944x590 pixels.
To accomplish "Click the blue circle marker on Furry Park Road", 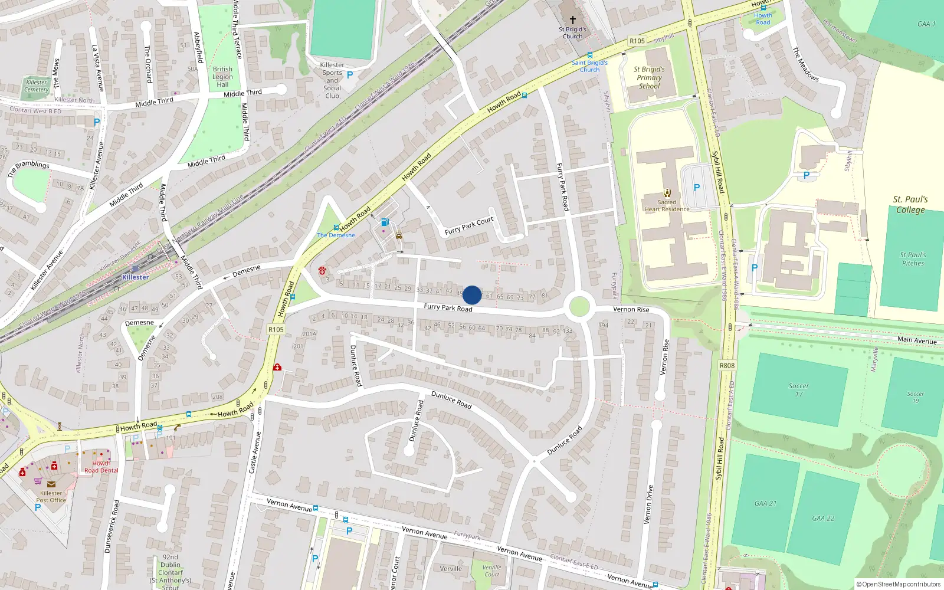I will click(x=472, y=295).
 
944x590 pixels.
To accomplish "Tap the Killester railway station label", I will click(x=135, y=277).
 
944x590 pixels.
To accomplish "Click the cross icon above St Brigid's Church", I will click(x=572, y=19).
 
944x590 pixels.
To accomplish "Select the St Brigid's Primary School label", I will click(x=649, y=77).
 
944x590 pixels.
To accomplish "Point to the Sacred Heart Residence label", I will click(x=667, y=205).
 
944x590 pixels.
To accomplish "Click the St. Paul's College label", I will click(x=910, y=204).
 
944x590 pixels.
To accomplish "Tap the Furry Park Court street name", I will click(x=469, y=226).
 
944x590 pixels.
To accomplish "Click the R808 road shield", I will click(x=727, y=366).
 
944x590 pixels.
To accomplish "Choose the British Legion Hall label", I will click(x=222, y=77).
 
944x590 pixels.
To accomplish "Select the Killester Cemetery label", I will click(x=37, y=86).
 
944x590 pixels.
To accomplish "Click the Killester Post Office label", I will click(x=51, y=496).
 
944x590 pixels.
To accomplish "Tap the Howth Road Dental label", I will click(x=101, y=467).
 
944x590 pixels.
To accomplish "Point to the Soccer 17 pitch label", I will click(x=798, y=389).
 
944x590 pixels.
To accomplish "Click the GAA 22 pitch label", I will click(x=823, y=518).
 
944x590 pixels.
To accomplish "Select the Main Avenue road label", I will click(x=916, y=340).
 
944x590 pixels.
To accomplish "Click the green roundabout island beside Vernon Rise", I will click(x=579, y=307).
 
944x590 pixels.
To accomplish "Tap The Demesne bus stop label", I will click(x=336, y=235).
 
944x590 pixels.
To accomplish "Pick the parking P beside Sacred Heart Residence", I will click(x=697, y=187).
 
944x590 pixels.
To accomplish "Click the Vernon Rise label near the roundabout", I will click(x=631, y=309).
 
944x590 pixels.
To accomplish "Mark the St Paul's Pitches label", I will click(x=913, y=259).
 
